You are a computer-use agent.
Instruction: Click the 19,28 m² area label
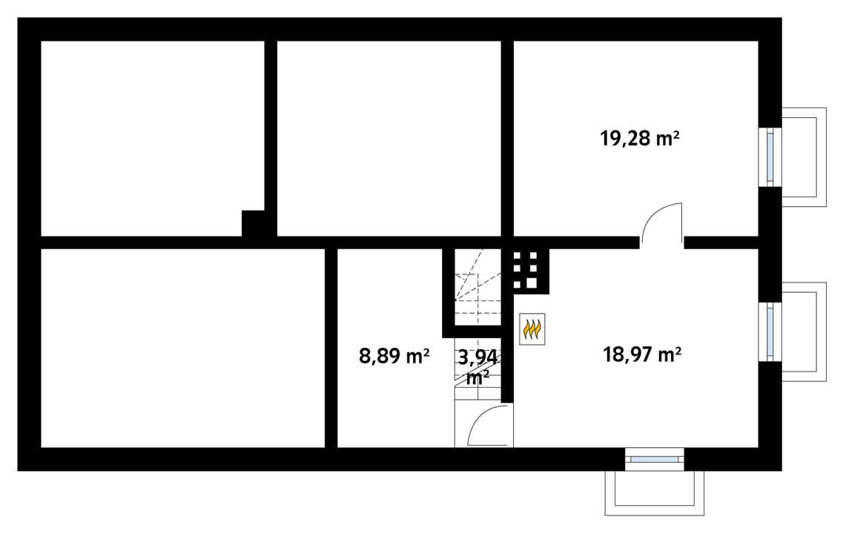pos(640,138)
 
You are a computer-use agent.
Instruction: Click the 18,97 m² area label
pos(642,355)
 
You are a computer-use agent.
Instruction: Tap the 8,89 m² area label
pos(394,356)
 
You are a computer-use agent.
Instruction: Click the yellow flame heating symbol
pos(532,329)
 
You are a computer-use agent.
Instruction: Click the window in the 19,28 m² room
pos(770,156)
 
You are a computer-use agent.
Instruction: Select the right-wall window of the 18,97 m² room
pos(770,332)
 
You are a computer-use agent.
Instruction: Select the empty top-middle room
pos(389,137)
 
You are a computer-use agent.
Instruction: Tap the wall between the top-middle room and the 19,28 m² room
pos(507,137)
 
